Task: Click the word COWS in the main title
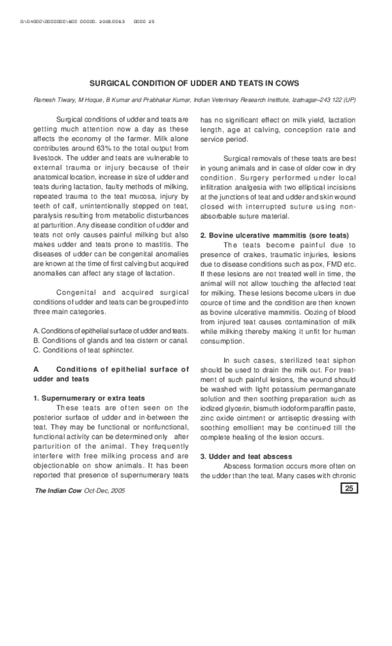(x=288, y=83)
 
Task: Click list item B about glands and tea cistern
(x=110, y=339)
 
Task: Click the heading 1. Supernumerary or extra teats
(x=89, y=398)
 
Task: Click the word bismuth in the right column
(x=266, y=408)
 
